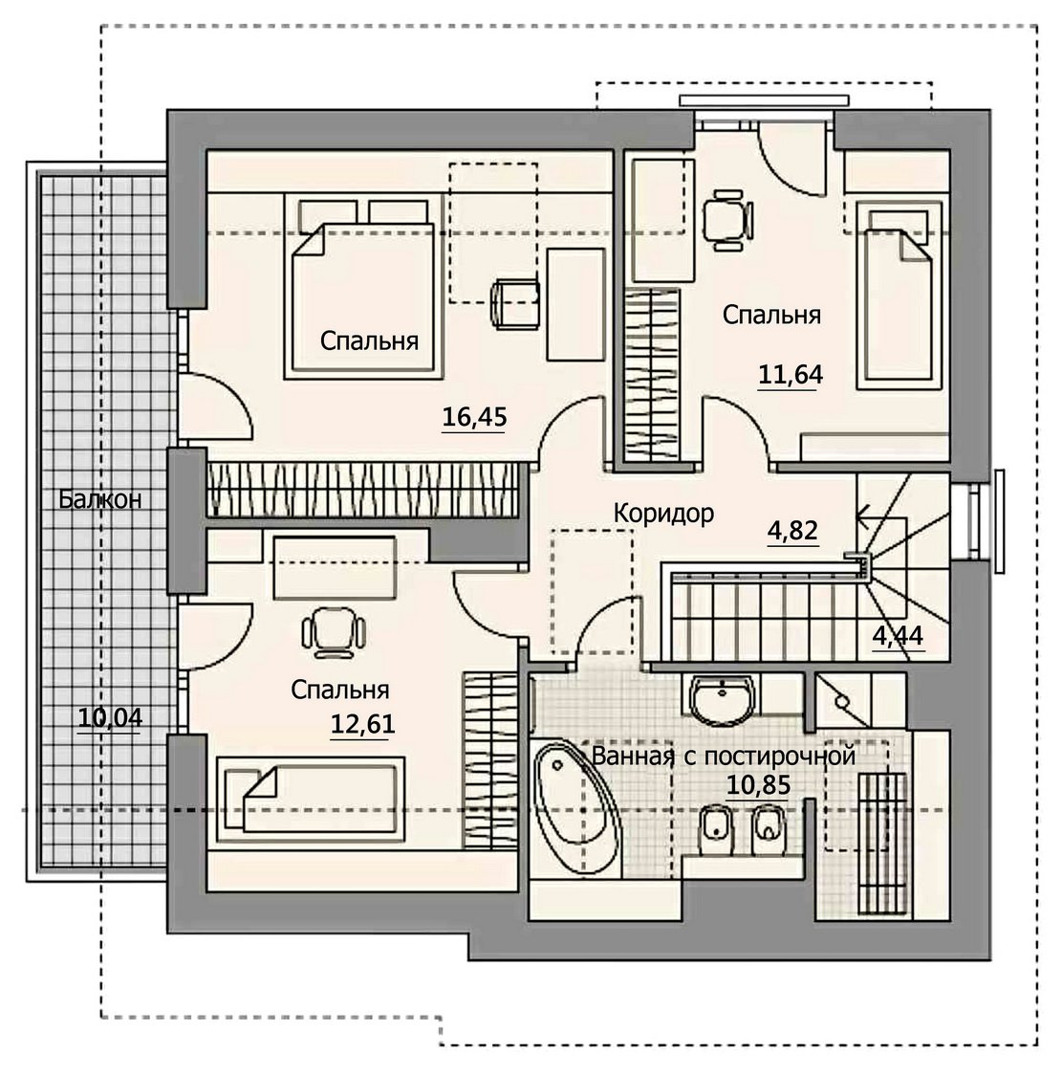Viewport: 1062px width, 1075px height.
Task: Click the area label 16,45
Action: click(474, 416)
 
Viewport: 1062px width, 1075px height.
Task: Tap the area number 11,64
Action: click(790, 374)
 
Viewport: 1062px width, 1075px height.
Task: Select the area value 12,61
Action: click(362, 724)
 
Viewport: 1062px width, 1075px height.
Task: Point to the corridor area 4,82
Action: click(792, 531)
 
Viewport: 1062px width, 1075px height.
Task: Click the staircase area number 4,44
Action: click(898, 636)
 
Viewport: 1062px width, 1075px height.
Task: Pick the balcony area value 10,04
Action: click(110, 718)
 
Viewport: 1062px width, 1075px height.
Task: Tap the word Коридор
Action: click(663, 513)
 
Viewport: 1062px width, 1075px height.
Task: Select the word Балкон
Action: click(100, 499)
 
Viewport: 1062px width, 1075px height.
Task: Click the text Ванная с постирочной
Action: click(724, 757)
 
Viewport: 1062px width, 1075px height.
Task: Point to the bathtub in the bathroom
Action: click(577, 806)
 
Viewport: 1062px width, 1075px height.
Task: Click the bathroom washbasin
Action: click(722, 699)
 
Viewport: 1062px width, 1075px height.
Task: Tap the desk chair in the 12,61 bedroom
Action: click(333, 631)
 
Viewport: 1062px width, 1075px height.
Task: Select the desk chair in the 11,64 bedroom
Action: click(727, 219)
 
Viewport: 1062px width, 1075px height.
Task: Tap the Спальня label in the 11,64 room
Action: click(771, 315)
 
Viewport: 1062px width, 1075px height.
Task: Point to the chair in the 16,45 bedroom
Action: click(515, 302)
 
